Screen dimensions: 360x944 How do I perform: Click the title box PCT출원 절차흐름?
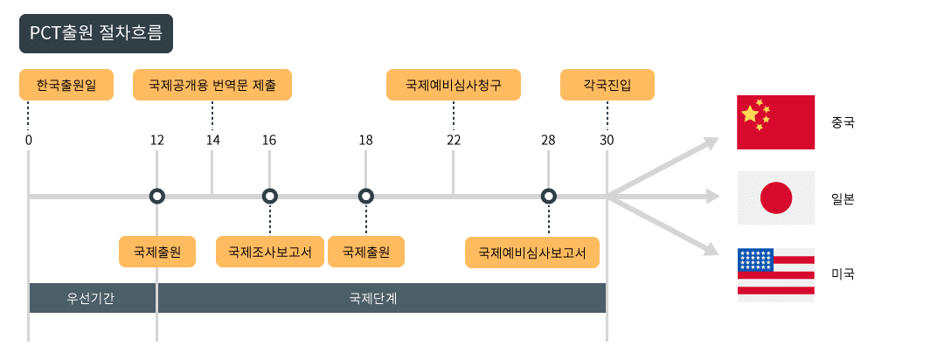(96, 35)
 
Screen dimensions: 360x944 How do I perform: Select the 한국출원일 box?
(66, 86)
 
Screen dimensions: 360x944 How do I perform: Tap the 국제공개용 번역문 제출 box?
(212, 86)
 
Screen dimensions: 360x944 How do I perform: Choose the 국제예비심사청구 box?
(454, 86)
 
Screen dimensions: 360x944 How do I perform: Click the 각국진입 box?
(607, 86)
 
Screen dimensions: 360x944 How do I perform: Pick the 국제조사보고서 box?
(269, 252)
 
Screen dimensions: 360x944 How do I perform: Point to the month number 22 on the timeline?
(454, 140)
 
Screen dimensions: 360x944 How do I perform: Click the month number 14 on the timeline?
(212, 140)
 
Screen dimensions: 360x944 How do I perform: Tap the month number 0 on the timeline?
(29, 140)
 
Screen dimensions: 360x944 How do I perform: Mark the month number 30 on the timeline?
(607, 140)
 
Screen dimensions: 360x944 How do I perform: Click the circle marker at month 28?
(548, 197)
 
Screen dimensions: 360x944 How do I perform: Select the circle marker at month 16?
(269, 197)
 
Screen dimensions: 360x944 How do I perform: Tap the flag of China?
(776, 122)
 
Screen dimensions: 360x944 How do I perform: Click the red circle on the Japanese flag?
(776, 198)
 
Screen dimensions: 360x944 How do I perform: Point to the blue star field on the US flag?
(755, 260)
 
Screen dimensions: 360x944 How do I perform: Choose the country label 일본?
(843, 198)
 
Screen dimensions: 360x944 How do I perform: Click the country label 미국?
(843, 274)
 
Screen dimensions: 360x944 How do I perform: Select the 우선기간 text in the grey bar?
(91, 298)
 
